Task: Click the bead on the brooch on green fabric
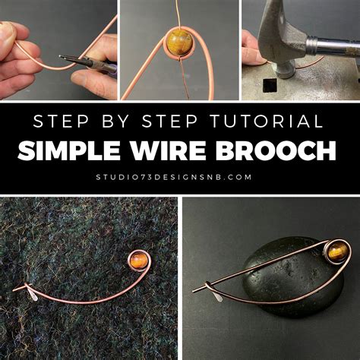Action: tap(138, 261)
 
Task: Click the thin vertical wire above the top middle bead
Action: tap(180, 11)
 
